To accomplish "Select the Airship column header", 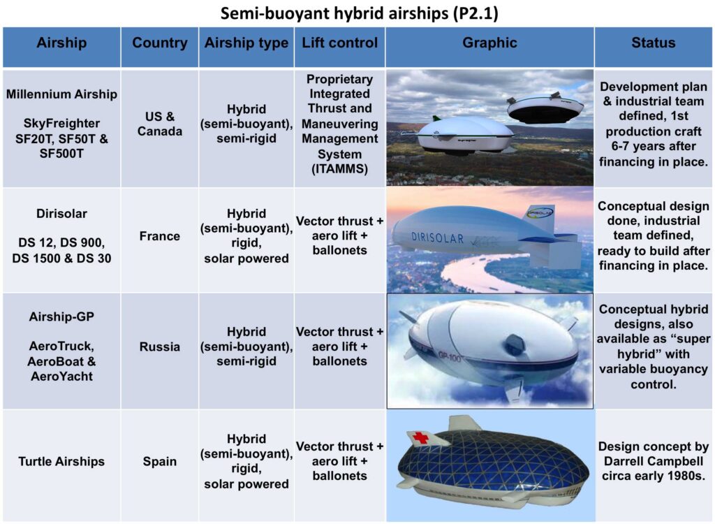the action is (x=61, y=43).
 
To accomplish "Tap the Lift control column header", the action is (x=340, y=43).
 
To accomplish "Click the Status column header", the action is (x=654, y=43).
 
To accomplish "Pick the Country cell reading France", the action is (x=160, y=236).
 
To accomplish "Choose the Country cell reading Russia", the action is (x=160, y=347).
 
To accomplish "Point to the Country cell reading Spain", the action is (x=160, y=461).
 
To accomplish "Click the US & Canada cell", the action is (x=160, y=124).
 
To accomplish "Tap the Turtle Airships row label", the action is (x=61, y=461).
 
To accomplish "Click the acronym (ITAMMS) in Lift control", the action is (x=340, y=169).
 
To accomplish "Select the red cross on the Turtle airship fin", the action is (x=420, y=438).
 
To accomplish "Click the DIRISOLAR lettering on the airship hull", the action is (x=437, y=238).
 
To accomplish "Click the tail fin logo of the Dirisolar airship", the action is (x=540, y=212).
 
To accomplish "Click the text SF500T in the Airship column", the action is (x=61, y=154).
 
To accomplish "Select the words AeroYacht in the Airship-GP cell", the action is (x=61, y=377).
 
